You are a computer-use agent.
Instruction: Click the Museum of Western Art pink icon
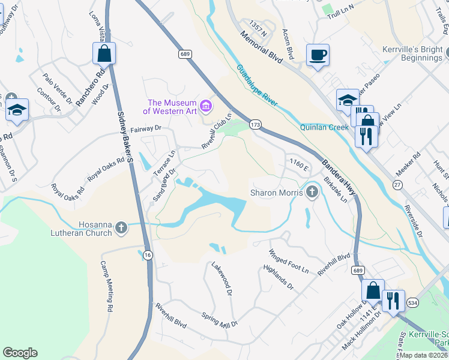coord(206,106)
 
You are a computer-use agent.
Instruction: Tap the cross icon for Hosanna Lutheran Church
coord(121,227)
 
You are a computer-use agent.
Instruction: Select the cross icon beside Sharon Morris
coord(311,193)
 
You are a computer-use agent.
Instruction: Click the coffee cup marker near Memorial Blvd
coord(318,55)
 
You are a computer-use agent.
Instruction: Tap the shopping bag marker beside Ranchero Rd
coord(104,53)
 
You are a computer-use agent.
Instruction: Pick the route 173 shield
coord(255,124)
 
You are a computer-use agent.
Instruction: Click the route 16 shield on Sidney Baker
coord(148,255)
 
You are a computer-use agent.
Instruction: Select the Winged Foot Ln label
coord(289,262)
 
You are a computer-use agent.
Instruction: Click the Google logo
coord(20,353)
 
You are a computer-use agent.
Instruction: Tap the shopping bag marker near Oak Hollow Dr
coord(373,291)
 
